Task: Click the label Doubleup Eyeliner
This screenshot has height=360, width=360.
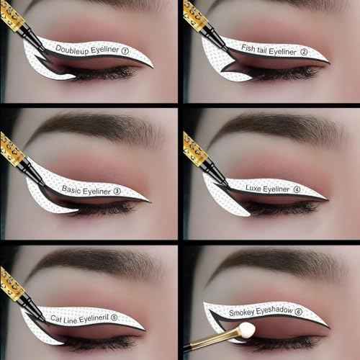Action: (86, 50)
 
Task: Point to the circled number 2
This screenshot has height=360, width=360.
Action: (304, 52)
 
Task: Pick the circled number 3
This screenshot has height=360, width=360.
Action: (117, 192)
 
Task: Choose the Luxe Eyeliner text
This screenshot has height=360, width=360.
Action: (267, 189)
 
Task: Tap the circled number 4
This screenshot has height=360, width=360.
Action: (297, 190)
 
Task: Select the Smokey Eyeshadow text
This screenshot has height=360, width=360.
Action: (256, 312)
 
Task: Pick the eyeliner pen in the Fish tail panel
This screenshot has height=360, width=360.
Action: (202, 22)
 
